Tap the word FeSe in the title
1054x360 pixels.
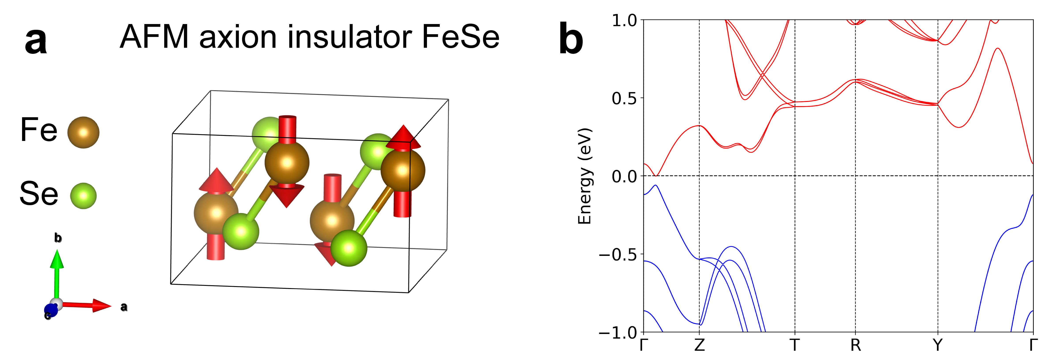click(460, 37)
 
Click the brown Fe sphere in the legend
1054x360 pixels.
click(83, 132)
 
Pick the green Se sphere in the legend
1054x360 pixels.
click(83, 195)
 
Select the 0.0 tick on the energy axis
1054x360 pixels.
click(624, 176)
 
